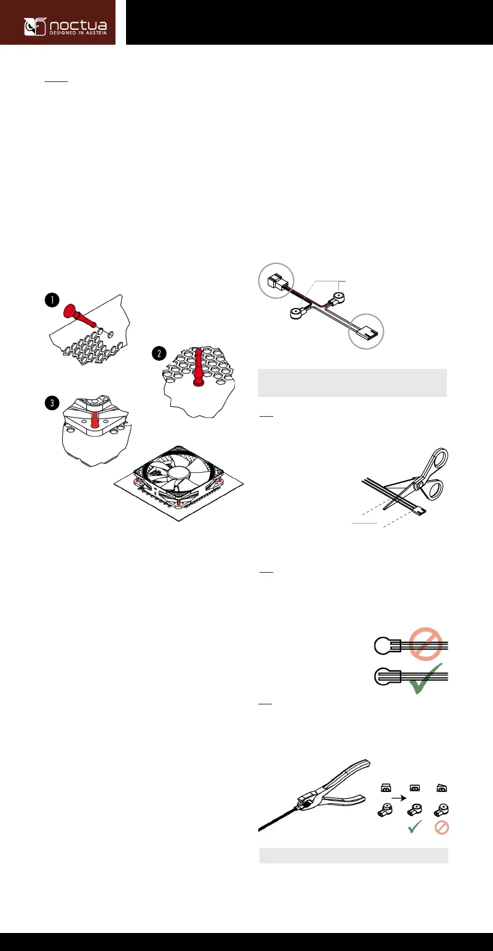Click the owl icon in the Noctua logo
(x=35, y=27)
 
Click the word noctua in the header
(x=78, y=25)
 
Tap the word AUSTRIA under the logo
(x=96, y=33)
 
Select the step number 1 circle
(x=52, y=300)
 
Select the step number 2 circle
(x=159, y=353)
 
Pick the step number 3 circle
(x=52, y=403)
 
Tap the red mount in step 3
(x=94, y=419)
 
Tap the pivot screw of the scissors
(x=420, y=485)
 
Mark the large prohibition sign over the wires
(x=425, y=644)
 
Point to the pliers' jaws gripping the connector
(x=304, y=801)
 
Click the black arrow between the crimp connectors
(x=399, y=798)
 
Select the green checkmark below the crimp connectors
(x=415, y=827)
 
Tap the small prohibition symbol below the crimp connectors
(x=441, y=827)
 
